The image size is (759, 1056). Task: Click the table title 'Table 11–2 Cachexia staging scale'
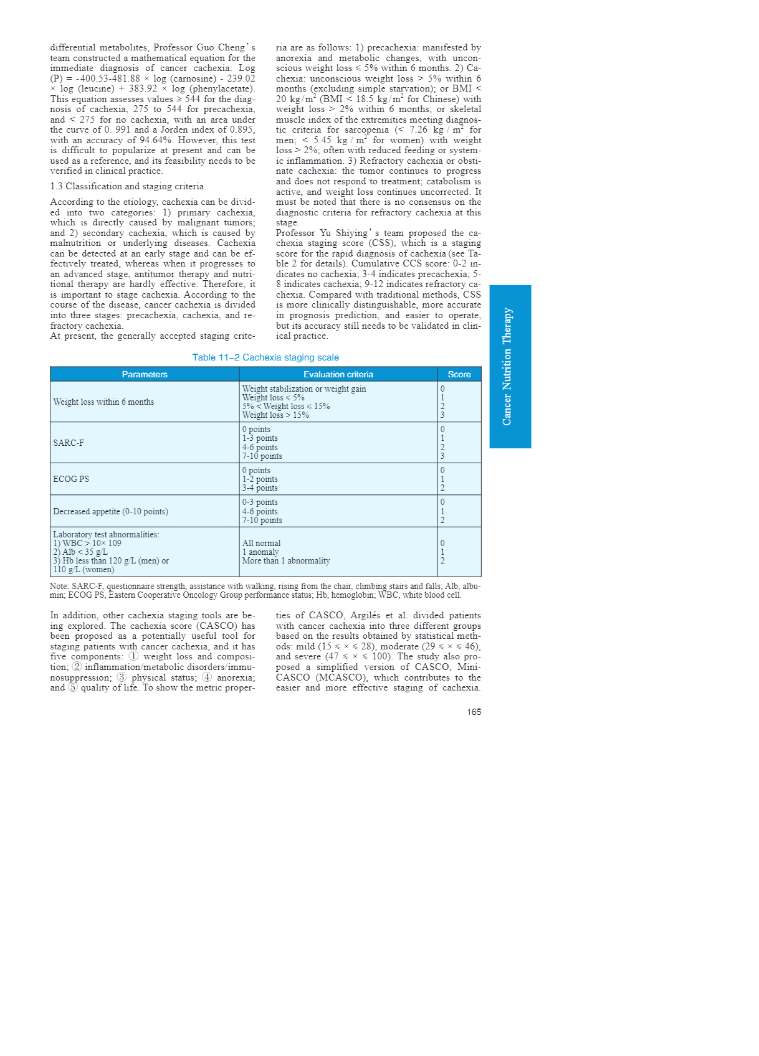point(265,357)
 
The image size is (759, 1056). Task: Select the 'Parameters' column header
point(145,374)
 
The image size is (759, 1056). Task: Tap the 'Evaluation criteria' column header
point(338,374)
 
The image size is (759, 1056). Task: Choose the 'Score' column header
point(459,374)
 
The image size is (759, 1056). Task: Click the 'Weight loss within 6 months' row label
point(103,402)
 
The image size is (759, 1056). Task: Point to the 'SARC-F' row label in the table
point(69,443)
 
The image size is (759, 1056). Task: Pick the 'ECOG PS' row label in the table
point(71,479)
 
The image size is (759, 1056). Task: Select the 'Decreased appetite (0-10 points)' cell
point(110,512)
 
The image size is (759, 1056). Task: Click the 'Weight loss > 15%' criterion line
point(275,415)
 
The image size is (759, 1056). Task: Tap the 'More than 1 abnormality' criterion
point(286,561)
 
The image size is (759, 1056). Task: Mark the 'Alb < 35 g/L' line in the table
point(80,552)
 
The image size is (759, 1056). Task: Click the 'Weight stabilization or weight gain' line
point(304,389)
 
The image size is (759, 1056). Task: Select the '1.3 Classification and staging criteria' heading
point(126,186)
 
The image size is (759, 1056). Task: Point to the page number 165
point(474,712)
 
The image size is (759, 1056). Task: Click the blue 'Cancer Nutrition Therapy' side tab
point(510,367)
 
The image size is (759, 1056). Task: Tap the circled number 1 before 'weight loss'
point(133,657)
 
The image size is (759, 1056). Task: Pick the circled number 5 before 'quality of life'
point(73,688)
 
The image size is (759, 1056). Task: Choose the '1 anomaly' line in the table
point(260,552)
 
